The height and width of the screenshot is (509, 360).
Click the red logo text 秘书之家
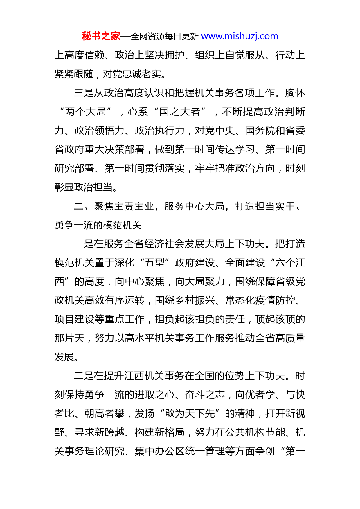tap(101, 36)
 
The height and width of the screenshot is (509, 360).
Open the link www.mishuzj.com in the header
tap(240, 36)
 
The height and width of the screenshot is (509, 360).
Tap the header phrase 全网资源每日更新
tap(164, 37)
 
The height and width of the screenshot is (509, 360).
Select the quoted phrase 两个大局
tap(85, 112)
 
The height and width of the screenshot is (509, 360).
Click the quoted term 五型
tap(155, 263)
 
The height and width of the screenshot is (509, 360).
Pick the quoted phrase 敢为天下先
tap(190, 414)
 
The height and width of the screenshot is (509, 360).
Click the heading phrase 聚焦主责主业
tap(124, 206)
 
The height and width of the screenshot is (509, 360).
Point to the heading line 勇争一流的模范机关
tap(98, 225)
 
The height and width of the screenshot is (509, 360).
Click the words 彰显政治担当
tap(83, 187)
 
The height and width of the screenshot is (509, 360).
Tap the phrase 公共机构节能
tap(255, 432)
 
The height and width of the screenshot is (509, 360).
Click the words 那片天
tap(69, 338)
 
